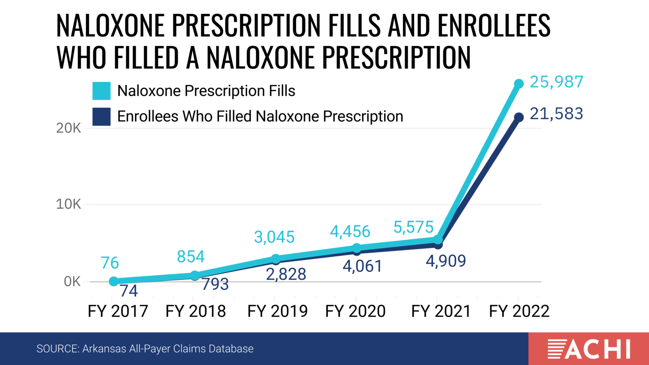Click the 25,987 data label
(x=556, y=82)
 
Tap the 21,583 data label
(x=556, y=114)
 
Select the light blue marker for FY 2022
(x=519, y=84)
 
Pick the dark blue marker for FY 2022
(x=519, y=117)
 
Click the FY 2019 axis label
(x=277, y=311)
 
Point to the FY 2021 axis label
(x=441, y=311)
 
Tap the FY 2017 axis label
(x=118, y=311)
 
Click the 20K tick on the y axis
(x=69, y=128)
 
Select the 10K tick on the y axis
(x=69, y=204)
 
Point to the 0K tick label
(x=72, y=281)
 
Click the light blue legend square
(x=101, y=91)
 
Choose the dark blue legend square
(x=101, y=116)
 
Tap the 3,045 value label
(x=274, y=237)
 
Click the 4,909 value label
(x=446, y=261)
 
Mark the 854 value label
(x=191, y=257)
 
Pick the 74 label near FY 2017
(x=129, y=291)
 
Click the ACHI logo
(x=589, y=349)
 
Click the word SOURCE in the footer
(x=58, y=349)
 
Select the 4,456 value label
(x=350, y=232)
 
